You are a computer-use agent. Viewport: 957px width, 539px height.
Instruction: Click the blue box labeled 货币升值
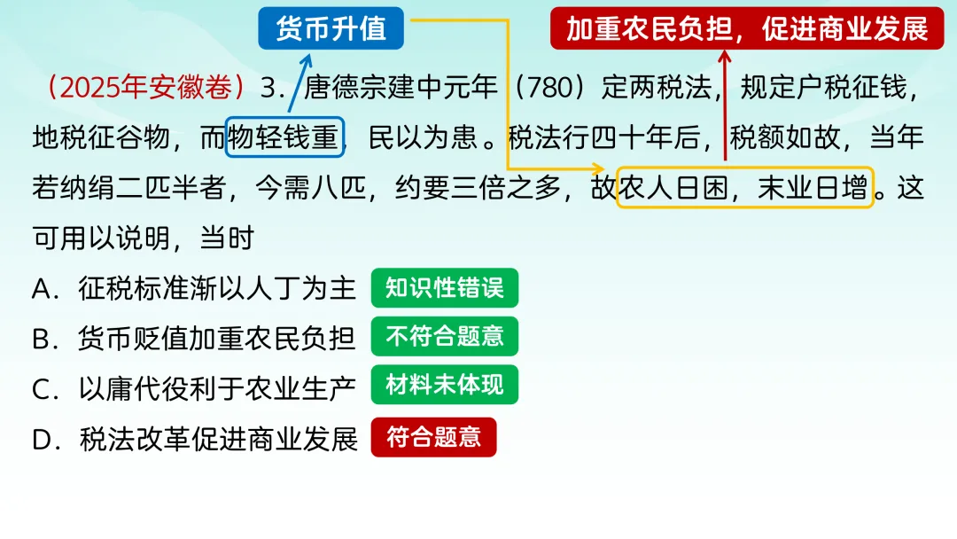331,28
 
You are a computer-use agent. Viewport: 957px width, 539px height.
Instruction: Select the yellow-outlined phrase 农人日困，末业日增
745,188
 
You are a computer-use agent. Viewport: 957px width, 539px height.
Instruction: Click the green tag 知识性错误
444,288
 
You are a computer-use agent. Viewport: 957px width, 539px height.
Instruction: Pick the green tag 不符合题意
444,337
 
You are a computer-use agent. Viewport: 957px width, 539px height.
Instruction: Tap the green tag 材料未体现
444,386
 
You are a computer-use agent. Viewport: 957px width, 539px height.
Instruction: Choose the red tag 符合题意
433,437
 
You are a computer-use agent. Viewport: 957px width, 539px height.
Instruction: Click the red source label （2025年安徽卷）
144,88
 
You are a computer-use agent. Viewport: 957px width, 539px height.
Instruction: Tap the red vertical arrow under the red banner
725,106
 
